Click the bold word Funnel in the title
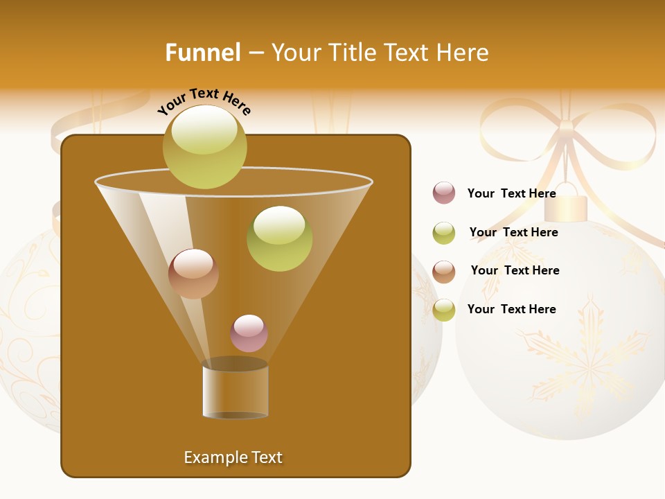(202, 53)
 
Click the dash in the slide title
(255, 53)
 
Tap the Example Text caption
(233, 457)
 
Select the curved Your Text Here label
(204, 101)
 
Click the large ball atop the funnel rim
(204, 146)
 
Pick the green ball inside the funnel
(279, 238)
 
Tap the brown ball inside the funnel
(193, 274)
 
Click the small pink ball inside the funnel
(249, 333)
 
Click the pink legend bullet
(444, 193)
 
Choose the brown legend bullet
(444, 272)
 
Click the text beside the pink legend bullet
(511, 193)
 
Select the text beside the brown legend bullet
(515, 270)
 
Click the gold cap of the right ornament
(570, 208)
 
